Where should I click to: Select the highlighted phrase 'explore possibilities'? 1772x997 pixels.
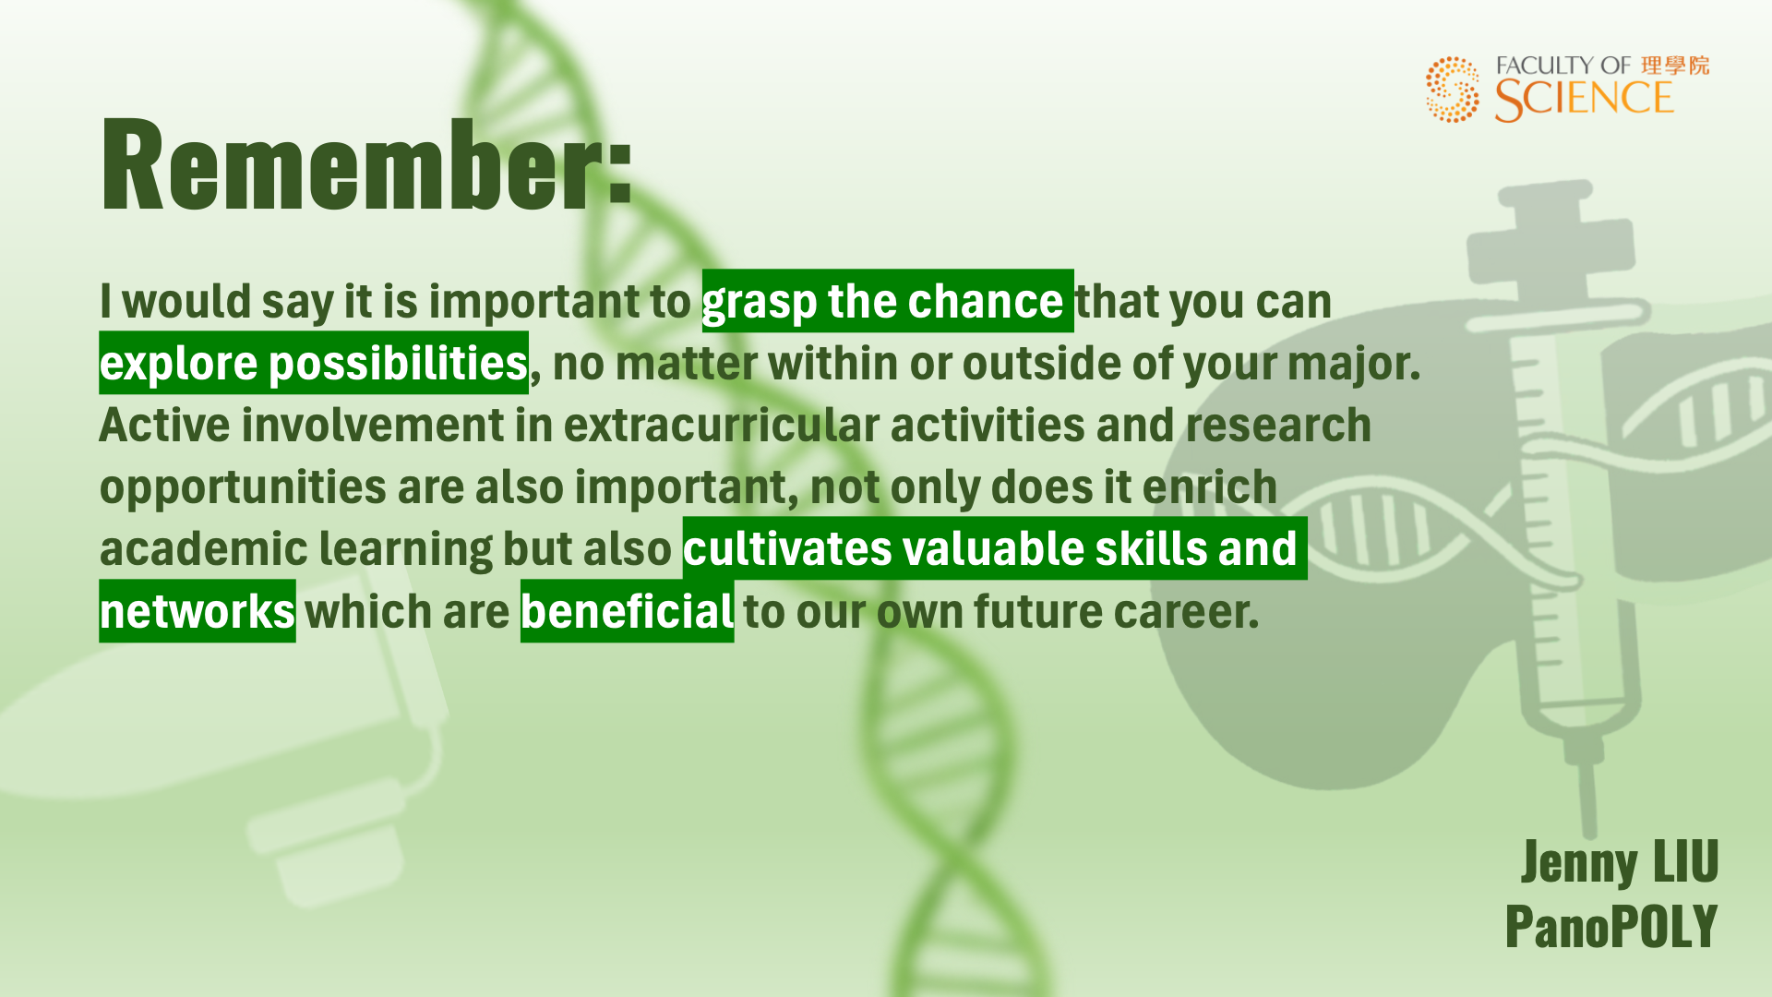coord(314,364)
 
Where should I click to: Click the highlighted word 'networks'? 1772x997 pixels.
coord(198,612)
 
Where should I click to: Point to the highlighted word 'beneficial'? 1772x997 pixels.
coord(628,611)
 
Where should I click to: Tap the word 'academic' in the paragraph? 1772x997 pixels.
coord(203,548)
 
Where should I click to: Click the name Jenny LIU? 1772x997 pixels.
coord(1620,863)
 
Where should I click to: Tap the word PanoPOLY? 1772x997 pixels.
coord(1611,926)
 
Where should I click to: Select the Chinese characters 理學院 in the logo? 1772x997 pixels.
coord(1675,66)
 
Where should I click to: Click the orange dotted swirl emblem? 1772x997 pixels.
coord(1453,89)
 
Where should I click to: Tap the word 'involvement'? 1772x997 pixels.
coord(397,426)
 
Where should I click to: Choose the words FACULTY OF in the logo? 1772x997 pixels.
coord(1563,66)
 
